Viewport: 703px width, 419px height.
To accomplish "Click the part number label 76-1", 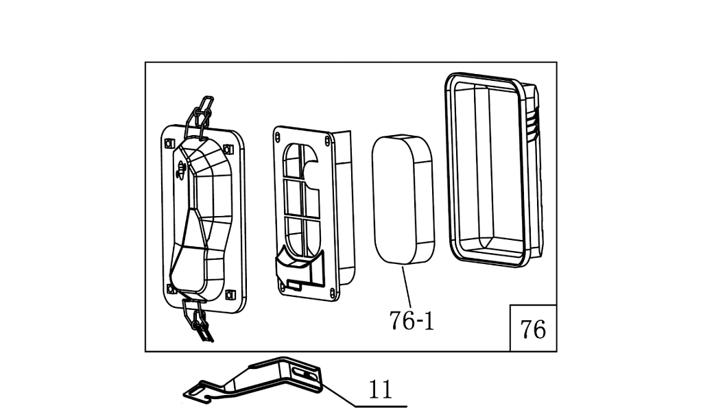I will point(412,320).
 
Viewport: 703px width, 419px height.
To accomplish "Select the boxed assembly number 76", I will point(533,329).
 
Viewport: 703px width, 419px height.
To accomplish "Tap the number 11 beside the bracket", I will point(380,390).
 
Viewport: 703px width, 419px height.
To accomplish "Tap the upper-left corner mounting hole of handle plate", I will point(168,143).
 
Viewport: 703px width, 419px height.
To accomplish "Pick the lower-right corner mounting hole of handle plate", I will point(230,294).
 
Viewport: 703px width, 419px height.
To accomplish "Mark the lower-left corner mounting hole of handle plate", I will point(169,287).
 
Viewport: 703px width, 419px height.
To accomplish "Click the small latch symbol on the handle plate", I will point(180,169).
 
